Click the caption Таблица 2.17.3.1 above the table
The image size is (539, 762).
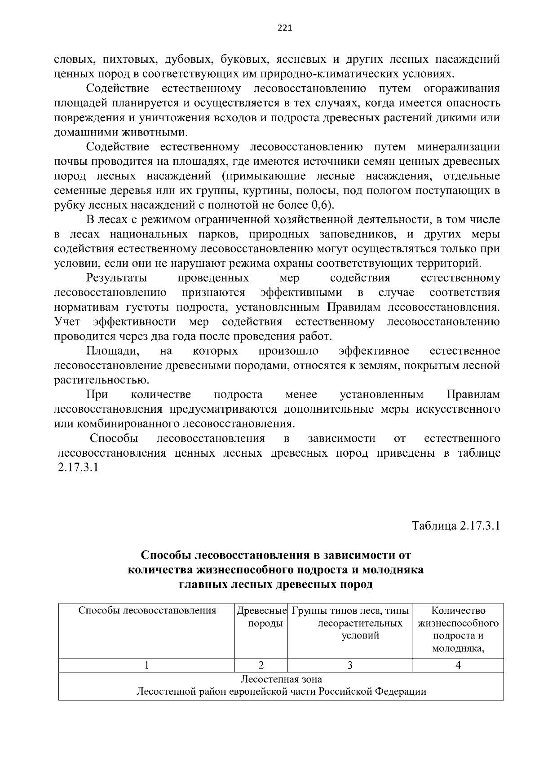456,526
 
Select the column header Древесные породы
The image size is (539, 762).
261,617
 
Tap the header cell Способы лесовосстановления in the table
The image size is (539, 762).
147,611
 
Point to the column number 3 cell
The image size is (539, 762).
350,665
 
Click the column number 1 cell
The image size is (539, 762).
146,665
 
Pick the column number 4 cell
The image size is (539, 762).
458,665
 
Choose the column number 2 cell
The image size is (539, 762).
261,665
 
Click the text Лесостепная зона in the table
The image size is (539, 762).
281,679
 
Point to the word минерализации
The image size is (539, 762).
458,147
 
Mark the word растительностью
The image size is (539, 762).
102,380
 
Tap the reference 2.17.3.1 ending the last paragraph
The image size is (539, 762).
78,467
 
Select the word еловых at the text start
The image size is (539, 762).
73,59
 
